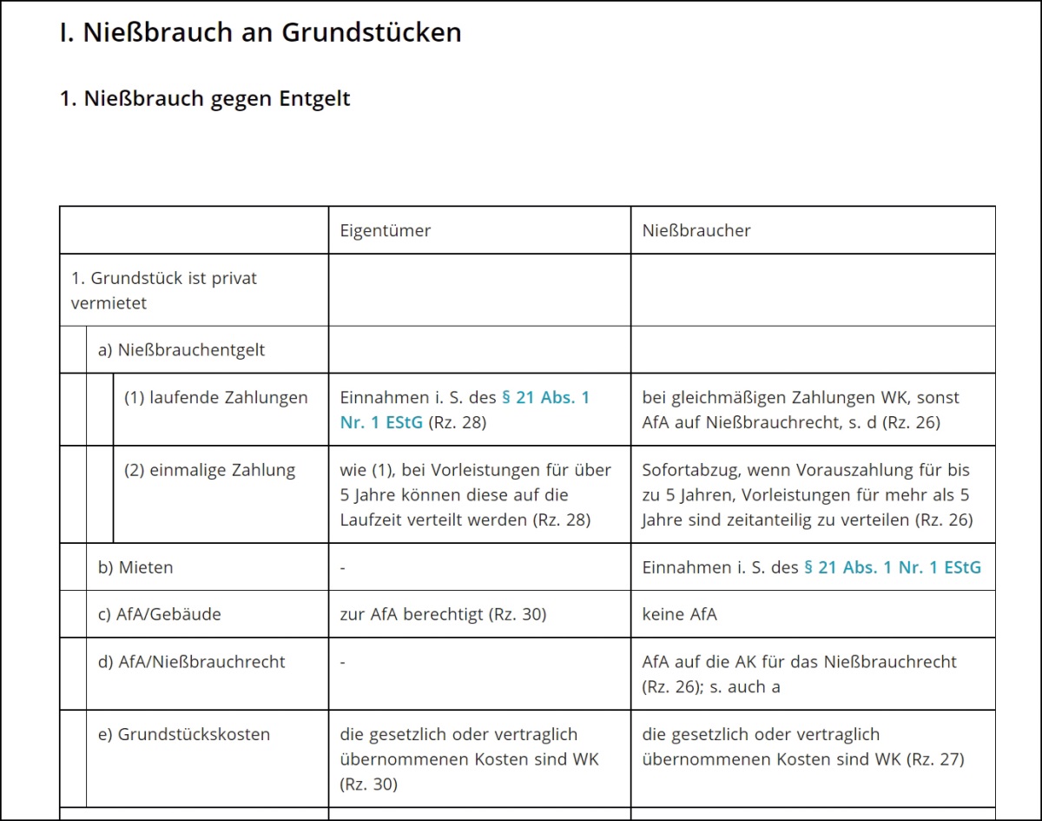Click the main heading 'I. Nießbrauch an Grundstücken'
(x=260, y=33)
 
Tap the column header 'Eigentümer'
(x=386, y=230)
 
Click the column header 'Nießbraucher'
(x=696, y=230)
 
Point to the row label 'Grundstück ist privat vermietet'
(x=164, y=290)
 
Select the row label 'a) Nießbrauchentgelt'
(x=181, y=350)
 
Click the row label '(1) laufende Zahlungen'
(x=216, y=398)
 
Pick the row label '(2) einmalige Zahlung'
(x=210, y=470)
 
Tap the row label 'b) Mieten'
(x=135, y=567)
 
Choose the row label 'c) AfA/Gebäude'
(x=160, y=614)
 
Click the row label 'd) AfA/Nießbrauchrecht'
(x=192, y=661)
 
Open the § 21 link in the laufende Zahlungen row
(x=465, y=410)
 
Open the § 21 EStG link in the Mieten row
(x=893, y=567)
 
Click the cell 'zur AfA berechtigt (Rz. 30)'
(x=443, y=614)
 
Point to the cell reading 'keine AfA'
(x=680, y=614)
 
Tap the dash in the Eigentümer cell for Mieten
(x=344, y=567)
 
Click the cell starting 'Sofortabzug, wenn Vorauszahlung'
(x=807, y=494)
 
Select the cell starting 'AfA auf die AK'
(x=799, y=673)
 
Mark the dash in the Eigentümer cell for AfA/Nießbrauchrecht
(x=344, y=662)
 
